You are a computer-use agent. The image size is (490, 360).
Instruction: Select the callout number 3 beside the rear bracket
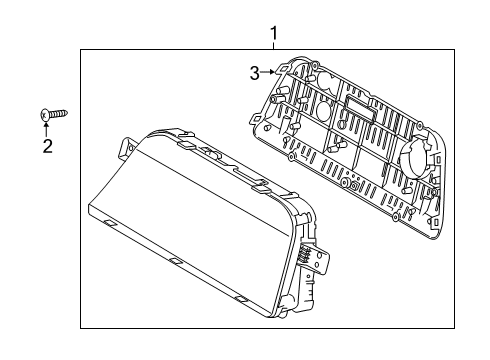pos(255,71)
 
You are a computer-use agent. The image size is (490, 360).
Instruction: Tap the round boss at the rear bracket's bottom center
pos(354,186)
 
